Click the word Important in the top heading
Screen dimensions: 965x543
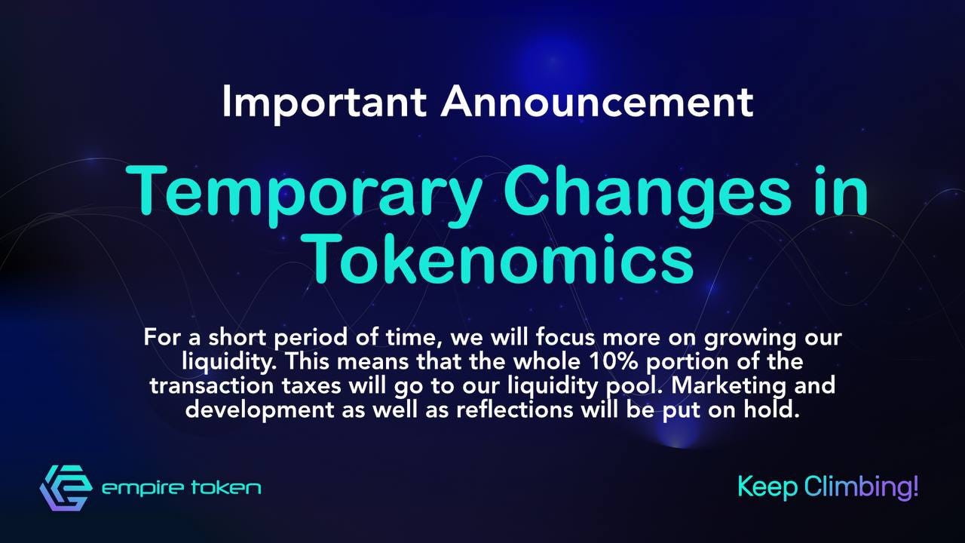(x=324, y=103)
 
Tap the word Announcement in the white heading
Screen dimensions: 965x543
(x=597, y=102)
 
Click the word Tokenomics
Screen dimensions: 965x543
(x=502, y=259)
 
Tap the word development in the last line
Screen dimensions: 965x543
(x=260, y=410)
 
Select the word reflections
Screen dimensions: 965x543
(x=515, y=409)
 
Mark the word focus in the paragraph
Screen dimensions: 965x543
(x=565, y=337)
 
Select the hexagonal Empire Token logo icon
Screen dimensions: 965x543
(x=66, y=488)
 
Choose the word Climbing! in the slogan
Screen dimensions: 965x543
(x=862, y=487)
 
